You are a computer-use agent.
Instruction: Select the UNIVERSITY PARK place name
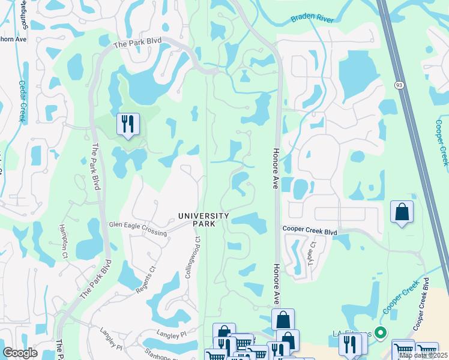(203, 220)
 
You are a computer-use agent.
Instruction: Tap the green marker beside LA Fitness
(379, 332)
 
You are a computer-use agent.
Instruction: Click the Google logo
(20, 353)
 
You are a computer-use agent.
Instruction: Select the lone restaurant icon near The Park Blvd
(128, 125)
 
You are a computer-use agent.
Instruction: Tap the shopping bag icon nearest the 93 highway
(402, 212)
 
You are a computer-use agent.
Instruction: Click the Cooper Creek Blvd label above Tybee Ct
(310, 230)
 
